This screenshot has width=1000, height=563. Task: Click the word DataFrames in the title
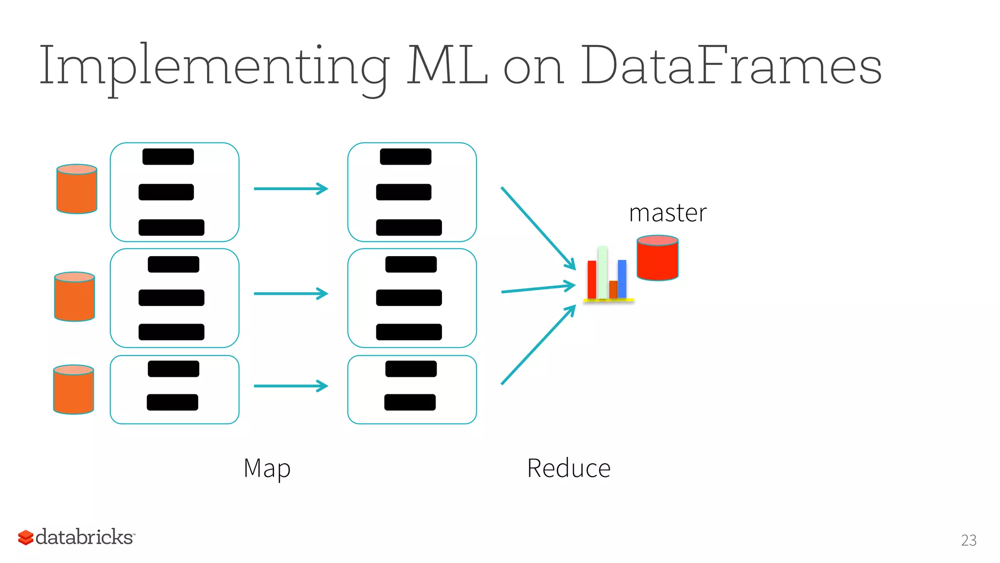[731, 66]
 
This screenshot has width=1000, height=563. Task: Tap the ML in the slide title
[447, 66]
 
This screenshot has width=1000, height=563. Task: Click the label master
[667, 214]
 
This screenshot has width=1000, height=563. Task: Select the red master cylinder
[657, 259]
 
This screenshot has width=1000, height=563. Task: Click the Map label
[267, 469]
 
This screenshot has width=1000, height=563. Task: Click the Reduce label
[569, 469]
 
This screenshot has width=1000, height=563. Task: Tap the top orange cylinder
[77, 190]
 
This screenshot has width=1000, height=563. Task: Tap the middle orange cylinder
[74, 297]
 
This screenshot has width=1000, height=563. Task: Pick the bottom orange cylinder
[73, 390]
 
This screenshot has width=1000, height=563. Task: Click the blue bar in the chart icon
[622, 279]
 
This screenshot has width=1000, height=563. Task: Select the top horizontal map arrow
[291, 189]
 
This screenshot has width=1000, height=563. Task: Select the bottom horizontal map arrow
[291, 386]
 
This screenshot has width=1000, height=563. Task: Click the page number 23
[968, 541]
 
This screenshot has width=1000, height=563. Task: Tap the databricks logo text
[84, 537]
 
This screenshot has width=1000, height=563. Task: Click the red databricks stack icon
[25, 538]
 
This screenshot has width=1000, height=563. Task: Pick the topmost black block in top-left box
[168, 157]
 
